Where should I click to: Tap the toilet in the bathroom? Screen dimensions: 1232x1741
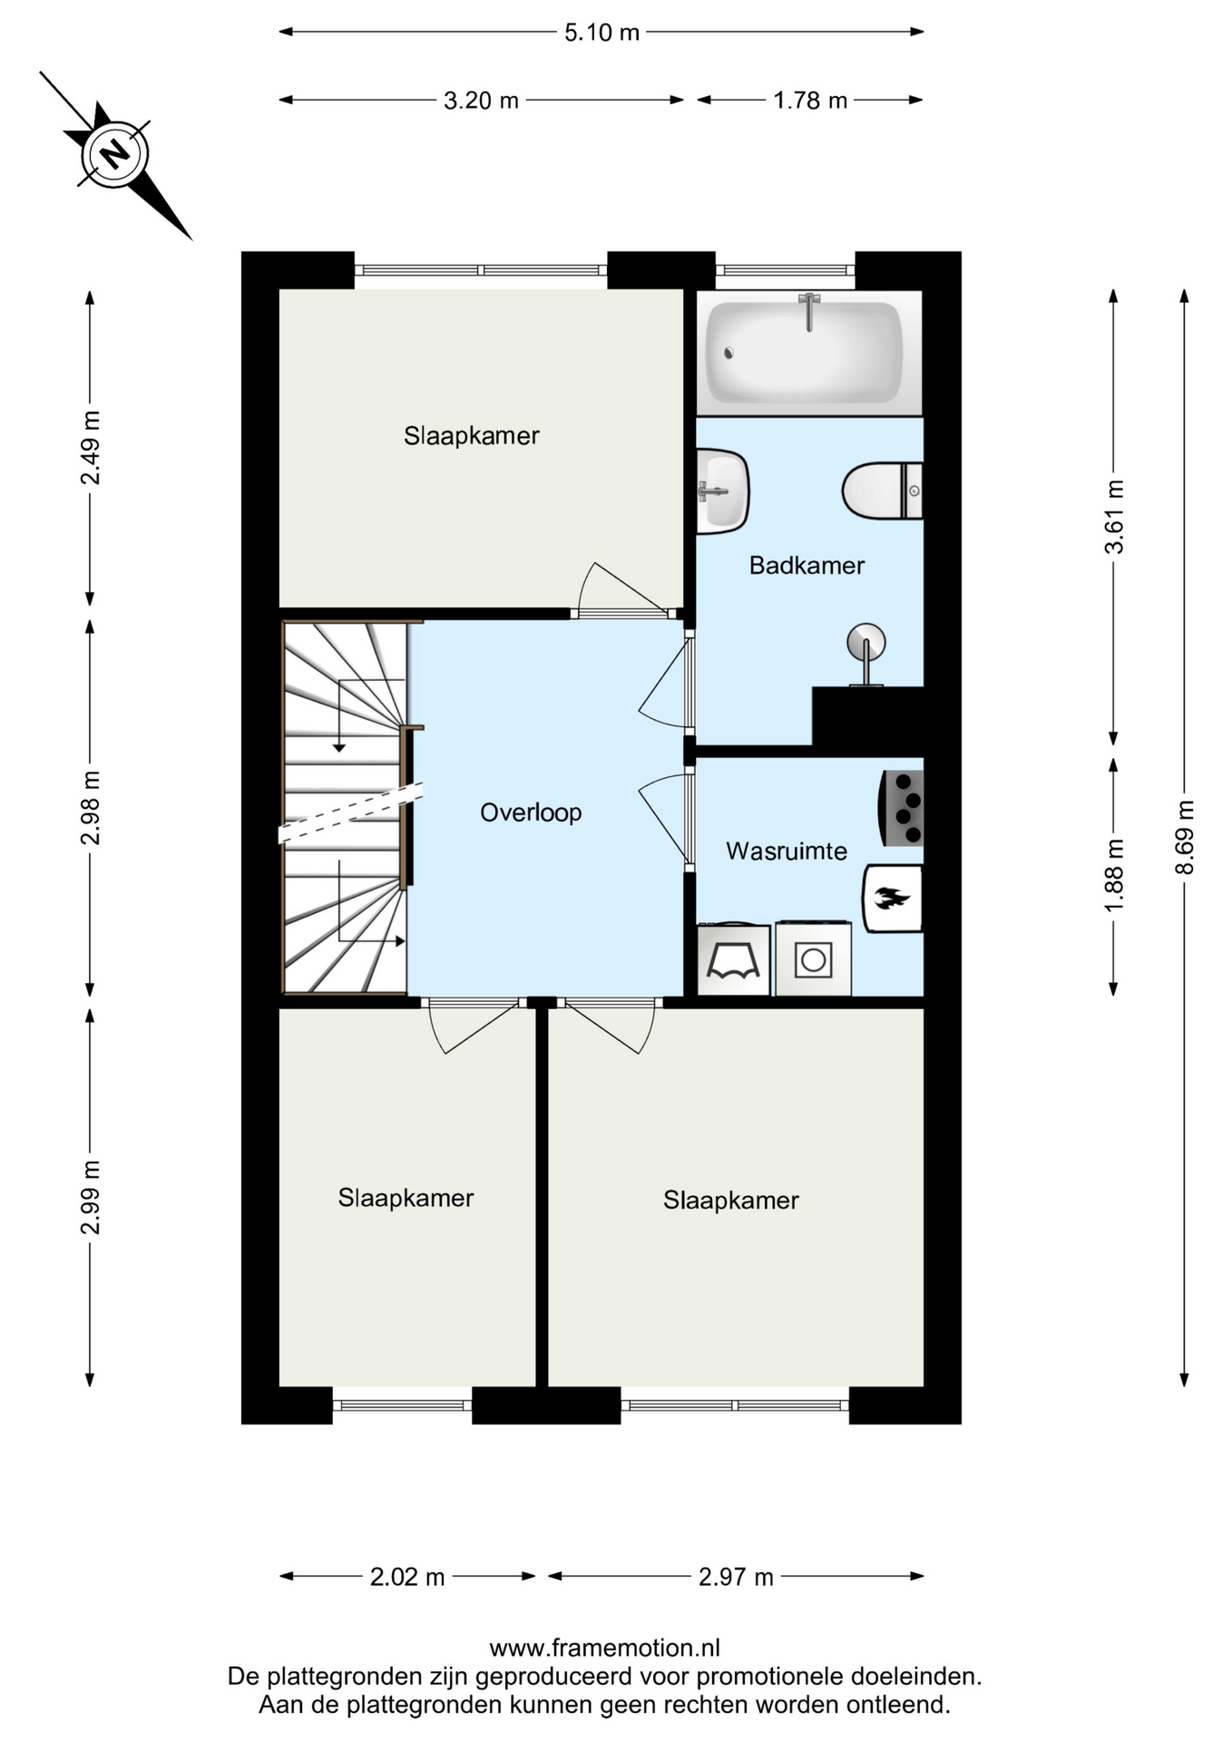pos(882,491)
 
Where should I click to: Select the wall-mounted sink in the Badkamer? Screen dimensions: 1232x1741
pos(722,491)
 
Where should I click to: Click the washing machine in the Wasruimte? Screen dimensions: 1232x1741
pos(813,958)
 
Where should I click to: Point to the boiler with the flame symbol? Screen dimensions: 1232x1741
pos(893,899)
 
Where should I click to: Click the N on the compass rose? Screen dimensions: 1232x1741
pos(114,154)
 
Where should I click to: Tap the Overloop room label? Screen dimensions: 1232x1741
pos(531,812)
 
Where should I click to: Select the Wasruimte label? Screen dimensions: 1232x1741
pos(787,851)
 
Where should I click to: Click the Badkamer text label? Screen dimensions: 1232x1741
pos(807,566)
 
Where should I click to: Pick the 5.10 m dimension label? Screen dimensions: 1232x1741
pos(601,33)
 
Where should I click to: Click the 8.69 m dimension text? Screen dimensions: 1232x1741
pos(1184,837)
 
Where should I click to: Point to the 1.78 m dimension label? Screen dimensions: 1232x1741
pos(810,100)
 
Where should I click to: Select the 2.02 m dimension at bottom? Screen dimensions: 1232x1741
pos(407,1577)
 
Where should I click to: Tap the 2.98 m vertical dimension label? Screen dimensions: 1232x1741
pos(91,807)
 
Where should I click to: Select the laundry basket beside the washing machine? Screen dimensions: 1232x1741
pos(733,958)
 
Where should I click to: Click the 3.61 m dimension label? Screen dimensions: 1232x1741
pos(1114,517)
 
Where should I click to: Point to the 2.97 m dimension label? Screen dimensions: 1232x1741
pos(736,1577)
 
